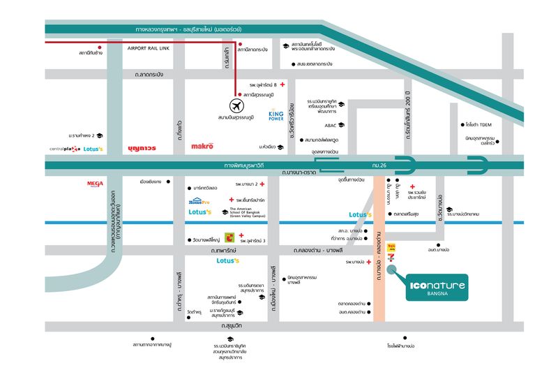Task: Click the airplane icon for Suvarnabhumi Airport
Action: (236, 107)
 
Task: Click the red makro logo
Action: (202, 146)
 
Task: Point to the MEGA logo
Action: (95, 184)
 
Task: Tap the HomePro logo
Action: (199, 202)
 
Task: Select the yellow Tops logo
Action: (391, 246)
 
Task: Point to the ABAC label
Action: (331, 126)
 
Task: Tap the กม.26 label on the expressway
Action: (380, 165)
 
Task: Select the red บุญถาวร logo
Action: (142, 148)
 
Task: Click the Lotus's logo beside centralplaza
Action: (93, 149)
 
